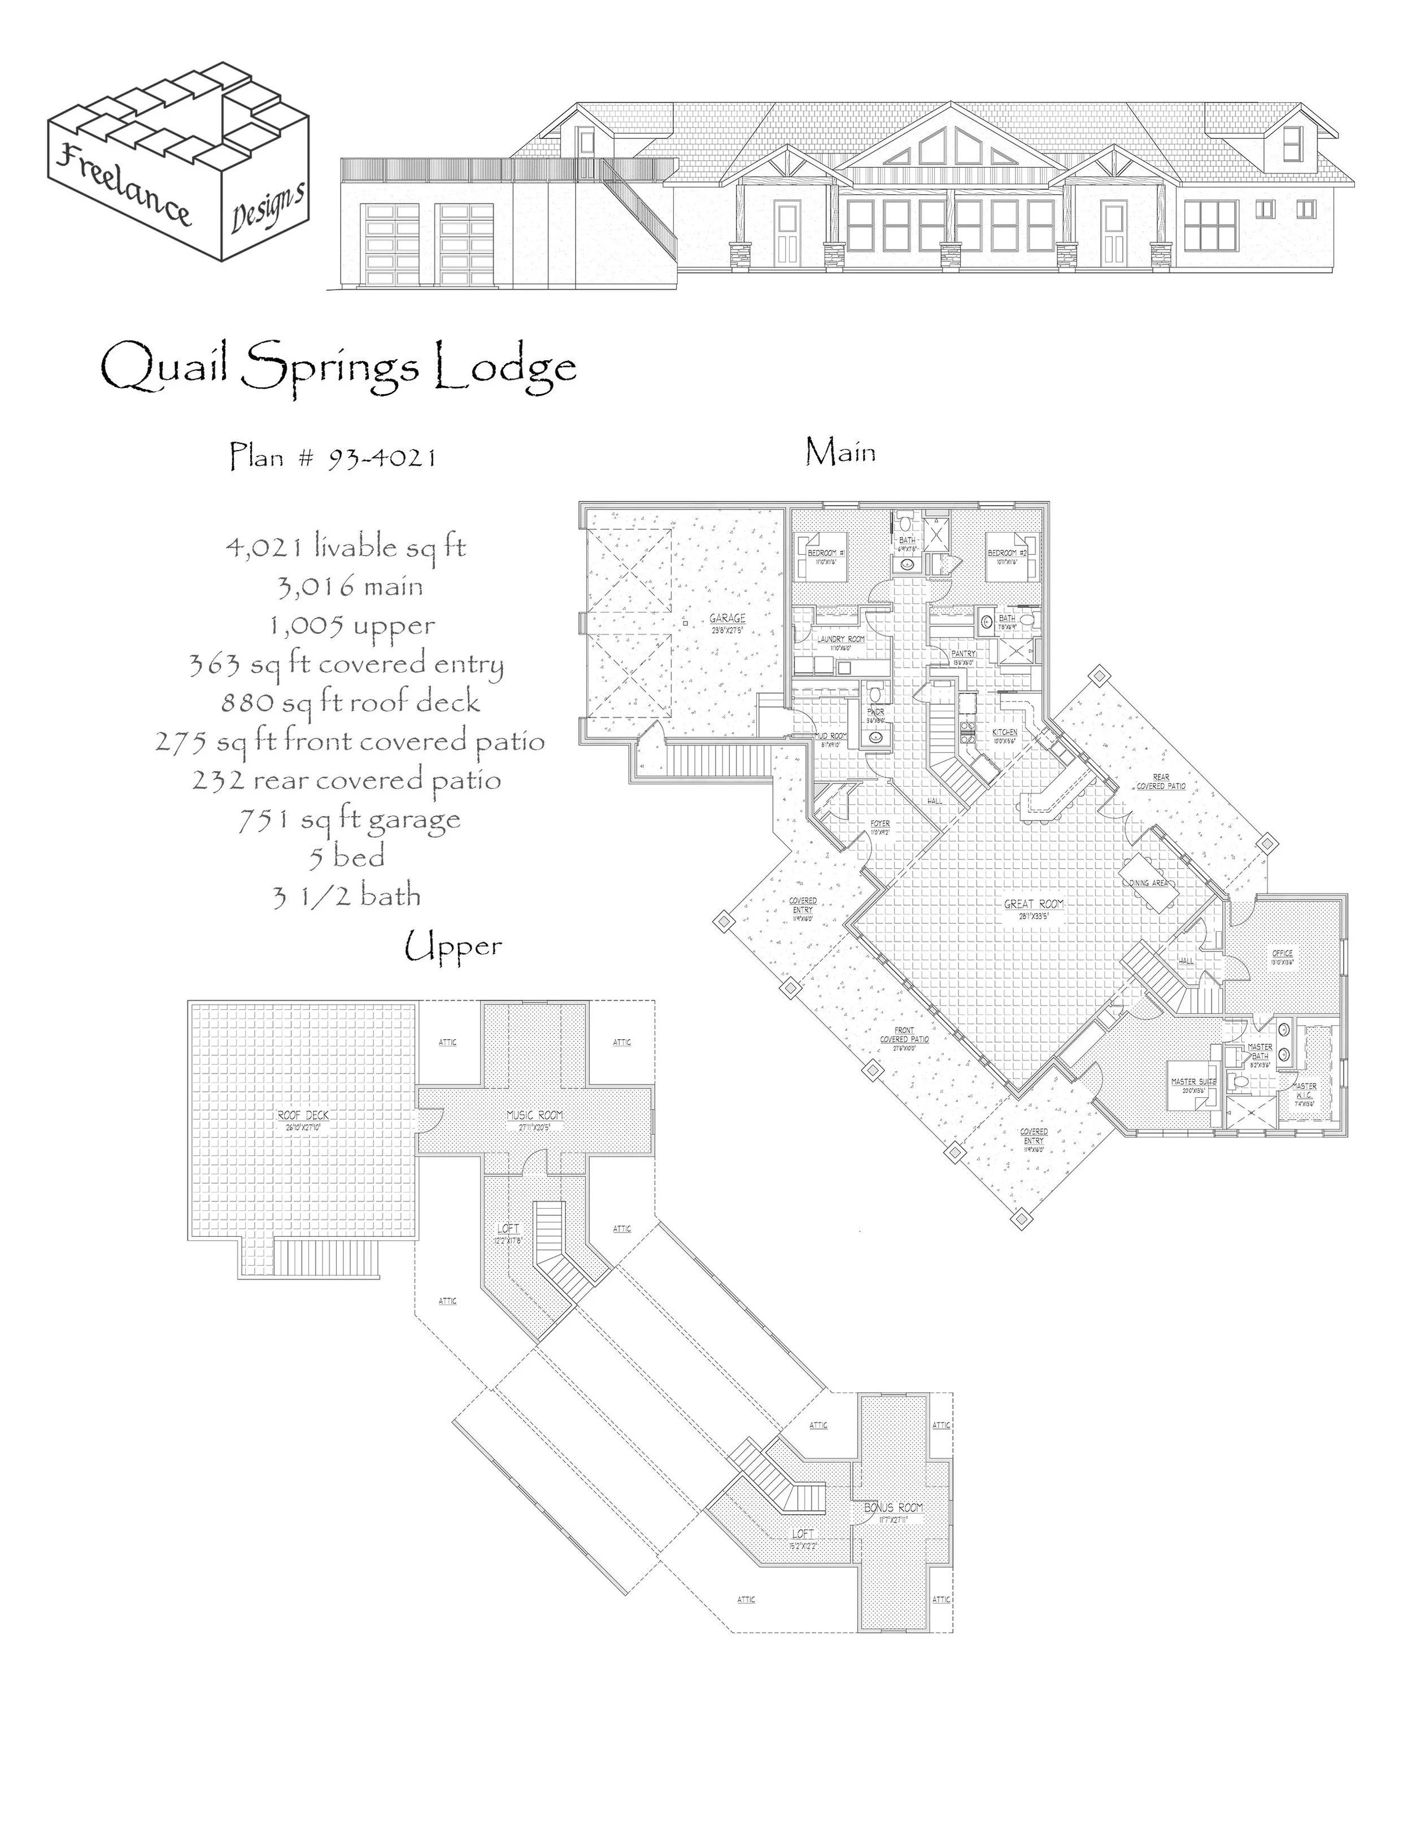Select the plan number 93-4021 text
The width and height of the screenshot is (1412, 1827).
(x=333, y=457)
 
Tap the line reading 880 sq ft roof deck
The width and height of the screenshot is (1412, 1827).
(x=351, y=702)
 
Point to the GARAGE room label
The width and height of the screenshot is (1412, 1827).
(x=727, y=618)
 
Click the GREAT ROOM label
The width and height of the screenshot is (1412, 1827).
(x=1034, y=904)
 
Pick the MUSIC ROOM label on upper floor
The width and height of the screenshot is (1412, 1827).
(x=534, y=1115)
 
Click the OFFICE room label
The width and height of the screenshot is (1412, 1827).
(x=1282, y=953)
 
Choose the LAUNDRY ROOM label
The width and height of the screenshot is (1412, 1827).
(x=840, y=638)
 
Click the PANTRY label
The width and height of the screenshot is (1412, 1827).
(x=964, y=653)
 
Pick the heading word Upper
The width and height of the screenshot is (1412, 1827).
(x=454, y=948)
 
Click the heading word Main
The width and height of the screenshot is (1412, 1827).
(x=840, y=452)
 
